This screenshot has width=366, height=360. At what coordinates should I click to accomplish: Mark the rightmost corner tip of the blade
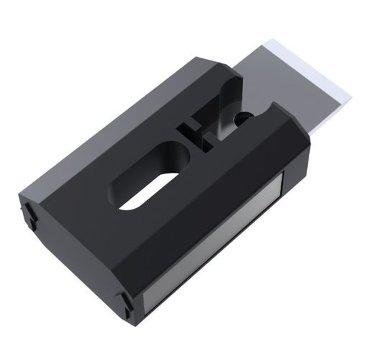pos(351,94)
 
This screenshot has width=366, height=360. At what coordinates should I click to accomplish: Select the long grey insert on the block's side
pos(216,245)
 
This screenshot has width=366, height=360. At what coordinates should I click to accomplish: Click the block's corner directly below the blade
pos(306,140)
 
